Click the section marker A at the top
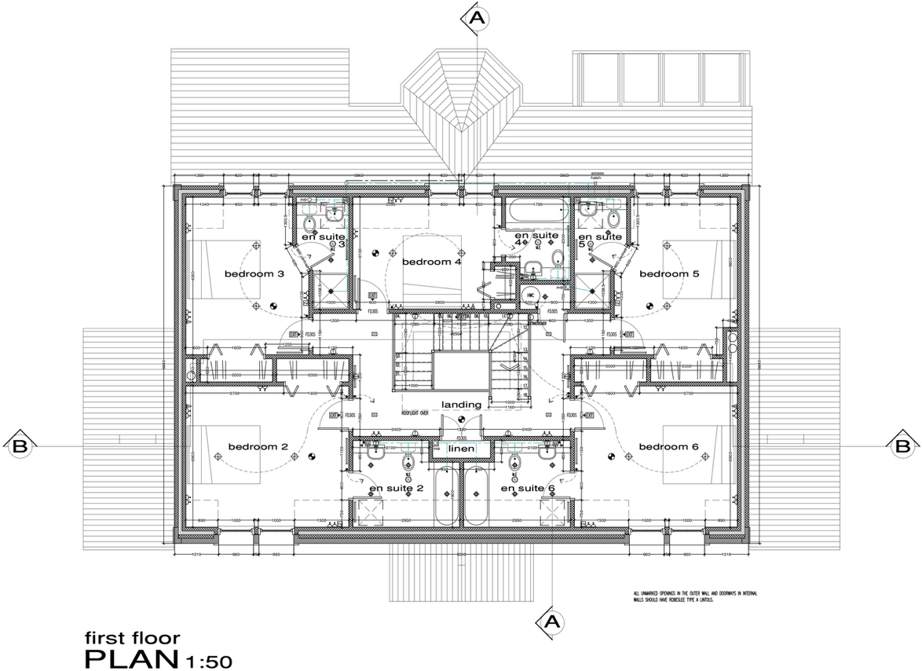click(474, 18)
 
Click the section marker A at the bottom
click(551, 621)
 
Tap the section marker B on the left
click(20, 445)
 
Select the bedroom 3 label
click(254, 274)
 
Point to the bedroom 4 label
click(430, 262)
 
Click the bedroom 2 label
click(258, 447)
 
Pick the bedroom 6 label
click(668, 447)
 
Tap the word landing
click(461, 405)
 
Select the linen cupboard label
click(460, 449)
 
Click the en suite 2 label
click(397, 489)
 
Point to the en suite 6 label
click(528, 489)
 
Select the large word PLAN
click(131, 657)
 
